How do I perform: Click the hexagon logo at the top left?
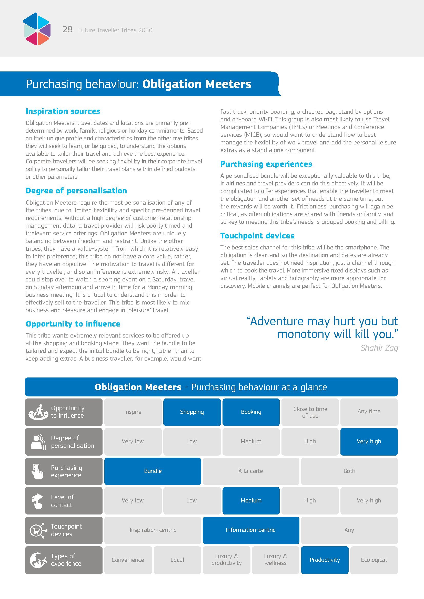[x=37, y=29]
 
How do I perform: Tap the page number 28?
[x=67, y=29]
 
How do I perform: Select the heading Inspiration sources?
[x=63, y=111]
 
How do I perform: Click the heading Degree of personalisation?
[x=76, y=191]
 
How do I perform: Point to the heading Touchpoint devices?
[x=257, y=236]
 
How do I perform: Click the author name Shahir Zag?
[x=379, y=348]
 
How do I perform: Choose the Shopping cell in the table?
[x=192, y=412]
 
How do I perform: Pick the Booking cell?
[x=251, y=412]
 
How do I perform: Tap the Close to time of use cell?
[x=310, y=412]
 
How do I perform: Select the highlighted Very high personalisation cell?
[x=369, y=442]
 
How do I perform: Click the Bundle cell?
[x=153, y=471]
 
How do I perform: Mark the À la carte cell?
[x=251, y=471]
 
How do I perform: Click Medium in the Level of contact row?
[x=251, y=501]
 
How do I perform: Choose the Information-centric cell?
[x=251, y=530]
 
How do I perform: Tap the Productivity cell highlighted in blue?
[x=325, y=560]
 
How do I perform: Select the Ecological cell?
[x=373, y=560]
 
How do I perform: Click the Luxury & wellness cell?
[x=275, y=560]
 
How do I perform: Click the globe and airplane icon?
[x=38, y=560]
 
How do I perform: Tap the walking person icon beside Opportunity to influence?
[x=39, y=412]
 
